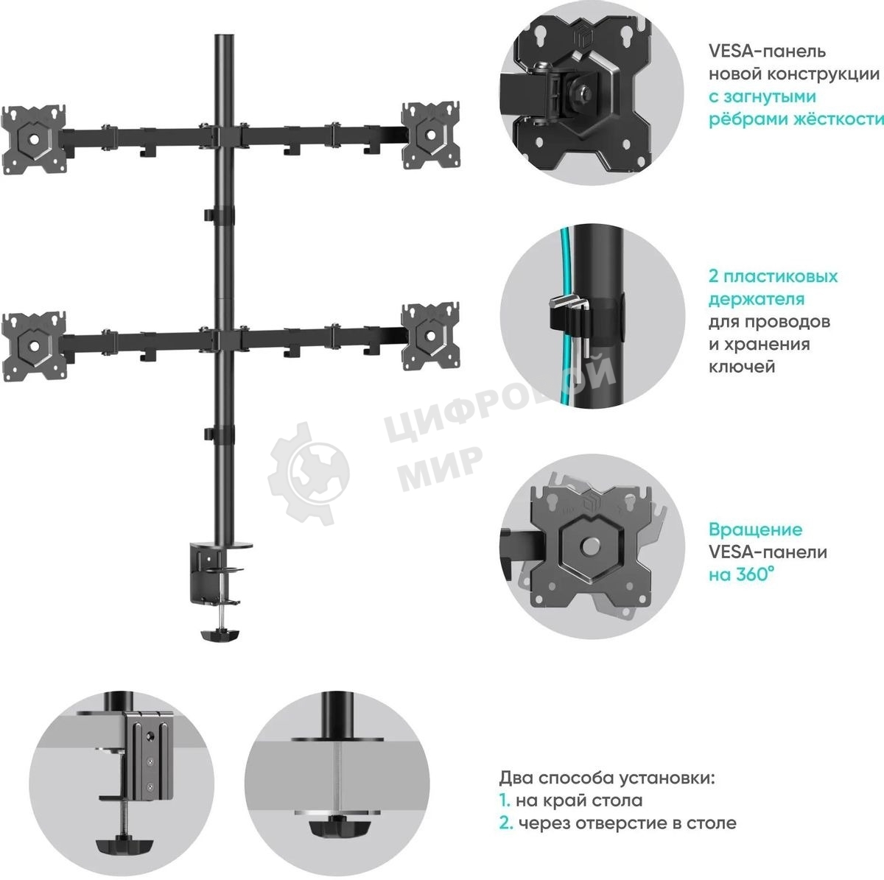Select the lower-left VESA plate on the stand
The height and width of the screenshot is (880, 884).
[x=34, y=345]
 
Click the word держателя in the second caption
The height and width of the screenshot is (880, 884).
[x=757, y=300]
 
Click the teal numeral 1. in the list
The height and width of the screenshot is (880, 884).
[x=505, y=800]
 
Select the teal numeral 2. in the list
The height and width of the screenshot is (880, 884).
[x=505, y=823]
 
